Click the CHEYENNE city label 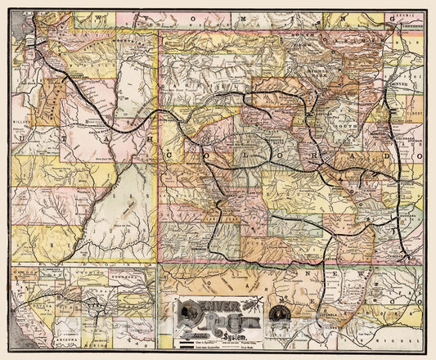pos(411,25)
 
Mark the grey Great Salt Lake pos(25,37)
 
